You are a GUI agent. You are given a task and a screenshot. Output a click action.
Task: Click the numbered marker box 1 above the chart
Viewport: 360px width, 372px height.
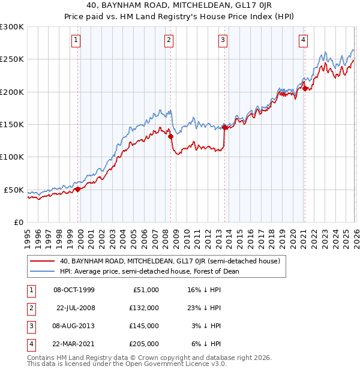coord(77,40)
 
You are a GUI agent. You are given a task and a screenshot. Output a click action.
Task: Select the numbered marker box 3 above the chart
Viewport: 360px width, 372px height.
coord(223,40)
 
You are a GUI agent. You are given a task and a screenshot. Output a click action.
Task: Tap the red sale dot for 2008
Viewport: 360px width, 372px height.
coord(171,136)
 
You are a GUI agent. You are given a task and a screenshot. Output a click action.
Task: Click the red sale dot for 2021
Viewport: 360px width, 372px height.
coord(305,88)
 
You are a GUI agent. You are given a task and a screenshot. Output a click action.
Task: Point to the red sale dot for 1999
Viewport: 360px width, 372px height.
coord(78,189)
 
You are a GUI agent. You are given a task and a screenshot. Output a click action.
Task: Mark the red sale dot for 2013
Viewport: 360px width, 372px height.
coord(224,127)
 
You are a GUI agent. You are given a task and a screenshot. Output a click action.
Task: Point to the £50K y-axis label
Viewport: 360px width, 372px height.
coord(14,190)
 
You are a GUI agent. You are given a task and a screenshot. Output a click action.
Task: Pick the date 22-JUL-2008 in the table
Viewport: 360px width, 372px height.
coord(75,308)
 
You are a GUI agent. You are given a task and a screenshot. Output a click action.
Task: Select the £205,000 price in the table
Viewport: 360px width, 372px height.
coord(144,344)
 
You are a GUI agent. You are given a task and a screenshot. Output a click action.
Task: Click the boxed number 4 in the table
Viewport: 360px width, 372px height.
coord(30,344)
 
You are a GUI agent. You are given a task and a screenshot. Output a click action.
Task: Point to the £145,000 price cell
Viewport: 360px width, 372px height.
coord(144,326)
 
